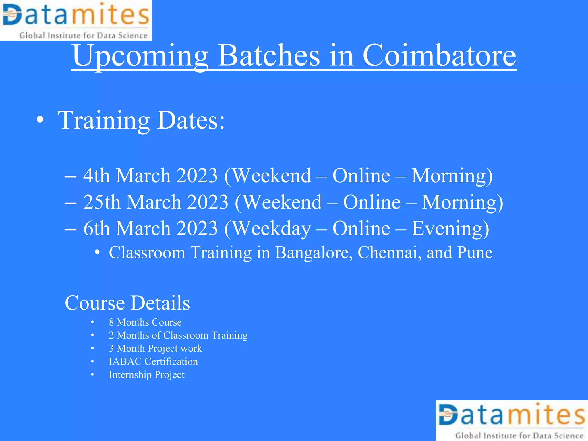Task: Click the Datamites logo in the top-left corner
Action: (x=76, y=20)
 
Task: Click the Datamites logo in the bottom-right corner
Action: (x=512, y=421)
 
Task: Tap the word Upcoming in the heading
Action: (x=140, y=56)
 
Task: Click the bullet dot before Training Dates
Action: (x=40, y=121)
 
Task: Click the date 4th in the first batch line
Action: (x=96, y=175)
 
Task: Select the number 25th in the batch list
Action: (x=102, y=202)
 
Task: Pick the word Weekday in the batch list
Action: (x=271, y=229)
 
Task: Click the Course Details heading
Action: (x=127, y=303)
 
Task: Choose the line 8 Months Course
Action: (x=145, y=322)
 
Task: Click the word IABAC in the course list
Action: (x=125, y=361)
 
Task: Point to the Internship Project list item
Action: (x=146, y=375)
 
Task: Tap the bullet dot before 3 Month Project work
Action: (x=92, y=349)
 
